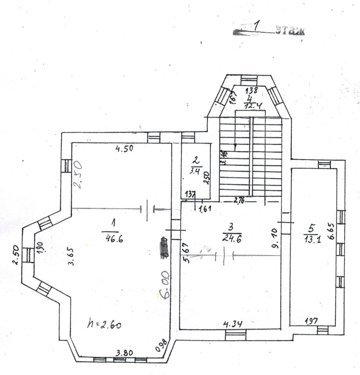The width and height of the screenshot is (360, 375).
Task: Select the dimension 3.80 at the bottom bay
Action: point(124,353)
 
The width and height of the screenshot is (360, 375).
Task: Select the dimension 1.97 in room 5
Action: point(312,321)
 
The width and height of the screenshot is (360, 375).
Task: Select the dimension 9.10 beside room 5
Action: point(276,239)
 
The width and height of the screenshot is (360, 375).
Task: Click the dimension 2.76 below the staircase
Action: point(239,200)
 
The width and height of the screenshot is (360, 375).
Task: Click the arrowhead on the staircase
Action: point(235,148)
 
